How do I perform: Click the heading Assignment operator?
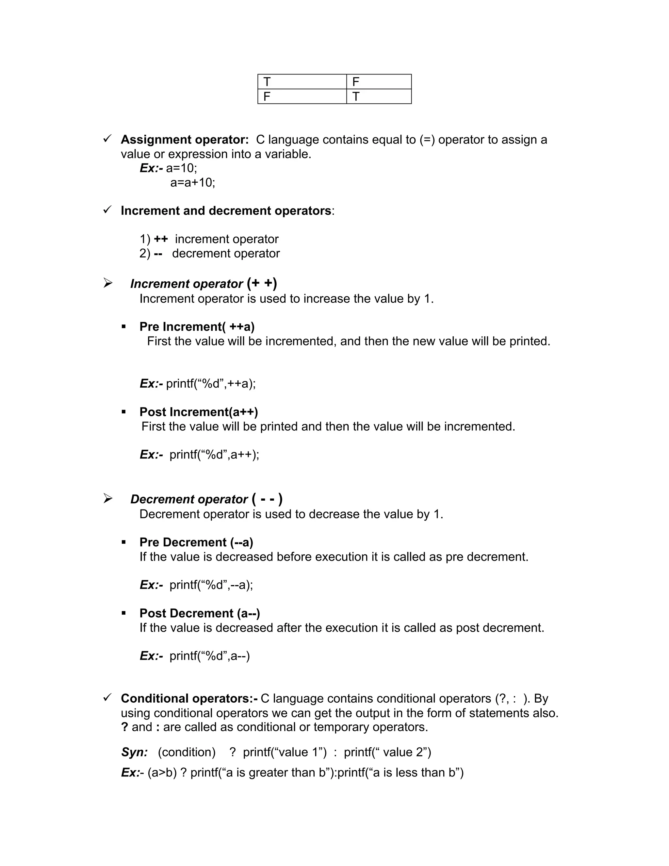pos(185,140)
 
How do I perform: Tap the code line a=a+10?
pos(193,183)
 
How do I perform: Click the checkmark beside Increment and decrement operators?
pos(107,210)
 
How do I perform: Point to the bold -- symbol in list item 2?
pos(158,253)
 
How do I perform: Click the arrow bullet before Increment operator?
pos(108,283)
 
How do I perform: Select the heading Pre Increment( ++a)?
pos(197,327)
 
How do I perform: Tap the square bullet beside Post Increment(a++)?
pos(124,412)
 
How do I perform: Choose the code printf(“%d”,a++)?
pos(214,455)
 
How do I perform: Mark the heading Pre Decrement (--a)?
pos(196,542)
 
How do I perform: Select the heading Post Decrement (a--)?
pos(200,613)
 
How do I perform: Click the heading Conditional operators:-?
pos(189,698)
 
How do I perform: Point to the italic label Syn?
pos(134,752)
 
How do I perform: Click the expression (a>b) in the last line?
pos(162,773)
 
